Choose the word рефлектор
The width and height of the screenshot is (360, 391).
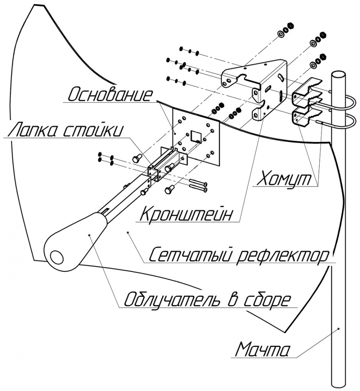coord(280,256)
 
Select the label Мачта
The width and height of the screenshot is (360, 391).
coord(263,349)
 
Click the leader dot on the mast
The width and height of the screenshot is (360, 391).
coord(339,329)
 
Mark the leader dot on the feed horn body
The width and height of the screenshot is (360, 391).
coord(90,235)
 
